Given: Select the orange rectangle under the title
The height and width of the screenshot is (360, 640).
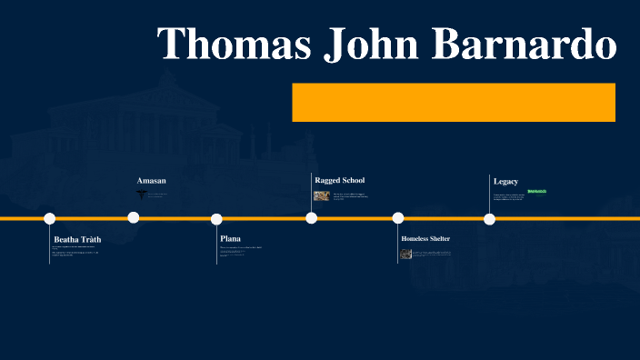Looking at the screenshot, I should [x=453, y=102].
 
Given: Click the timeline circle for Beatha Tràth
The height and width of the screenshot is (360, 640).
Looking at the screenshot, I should [x=50, y=218].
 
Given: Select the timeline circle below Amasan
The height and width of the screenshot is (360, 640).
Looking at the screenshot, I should [x=134, y=217].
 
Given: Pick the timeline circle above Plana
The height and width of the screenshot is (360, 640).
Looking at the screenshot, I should [x=216, y=219].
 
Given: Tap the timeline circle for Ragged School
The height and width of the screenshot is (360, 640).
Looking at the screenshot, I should [x=312, y=218].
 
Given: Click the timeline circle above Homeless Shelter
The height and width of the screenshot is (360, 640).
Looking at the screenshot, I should [x=398, y=218].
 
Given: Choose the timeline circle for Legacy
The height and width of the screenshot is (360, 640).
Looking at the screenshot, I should [x=489, y=219].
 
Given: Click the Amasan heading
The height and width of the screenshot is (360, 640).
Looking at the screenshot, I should [x=151, y=181].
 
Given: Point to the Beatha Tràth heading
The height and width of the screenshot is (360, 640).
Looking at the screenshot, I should [x=77, y=239].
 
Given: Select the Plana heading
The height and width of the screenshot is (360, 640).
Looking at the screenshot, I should [x=230, y=239].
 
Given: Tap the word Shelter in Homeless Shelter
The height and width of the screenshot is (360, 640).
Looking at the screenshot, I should [x=435, y=239].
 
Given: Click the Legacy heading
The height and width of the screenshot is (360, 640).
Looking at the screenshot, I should [x=505, y=181].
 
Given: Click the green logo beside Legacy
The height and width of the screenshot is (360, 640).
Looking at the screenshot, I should [x=536, y=191].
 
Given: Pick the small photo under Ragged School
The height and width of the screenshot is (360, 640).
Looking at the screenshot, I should [x=321, y=195].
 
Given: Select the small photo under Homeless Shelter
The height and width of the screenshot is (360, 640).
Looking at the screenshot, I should [x=406, y=254].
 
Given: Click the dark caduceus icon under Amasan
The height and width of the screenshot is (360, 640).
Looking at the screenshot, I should [x=141, y=194].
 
